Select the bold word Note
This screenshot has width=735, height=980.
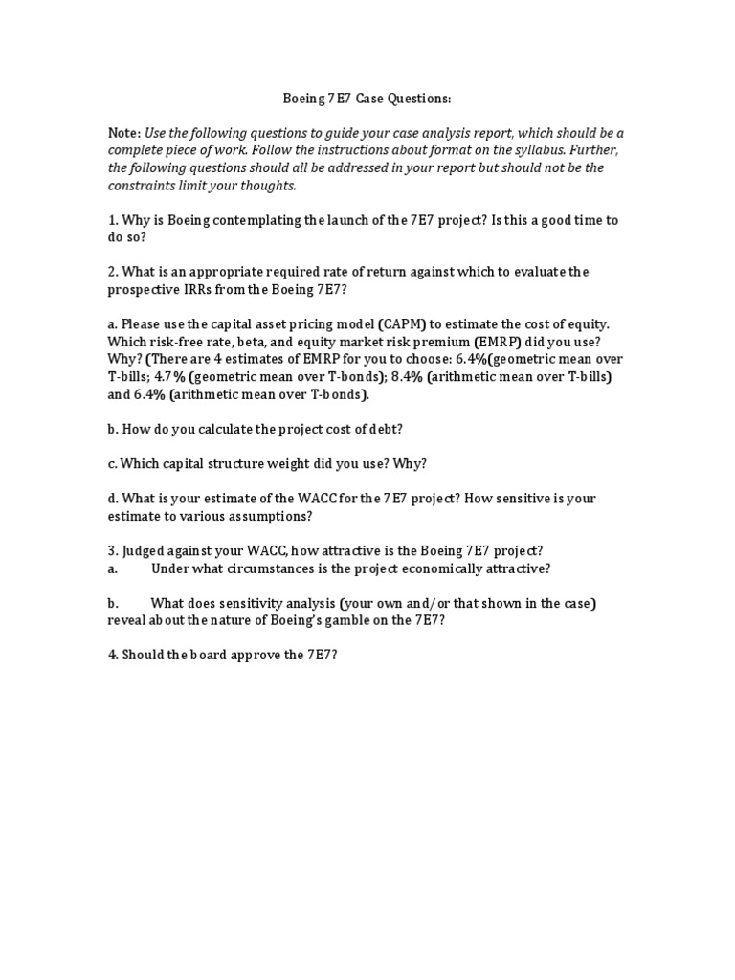[x=123, y=133]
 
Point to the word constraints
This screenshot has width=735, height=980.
[x=145, y=185]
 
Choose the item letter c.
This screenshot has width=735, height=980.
[x=112, y=464]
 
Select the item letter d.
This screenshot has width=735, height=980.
[x=112, y=499]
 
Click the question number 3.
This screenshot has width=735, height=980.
[x=112, y=550]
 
